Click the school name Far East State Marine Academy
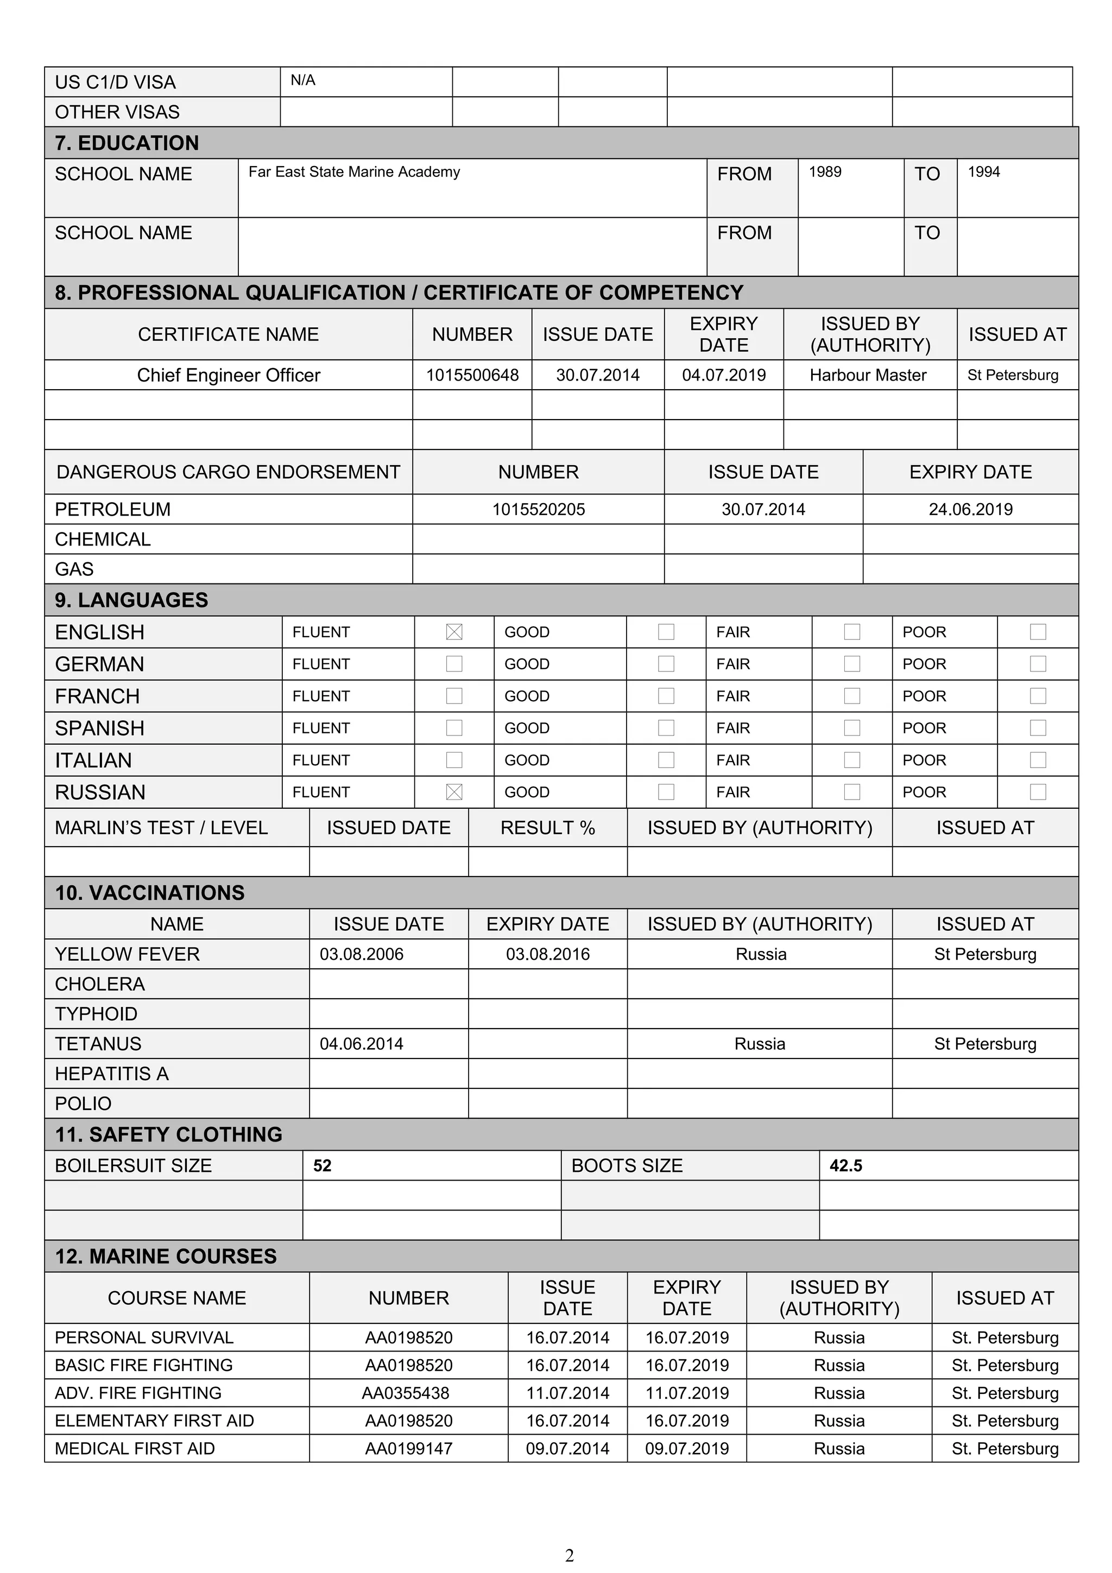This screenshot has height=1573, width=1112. point(353,172)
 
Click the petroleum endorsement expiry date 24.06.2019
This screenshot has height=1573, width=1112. point(970,510)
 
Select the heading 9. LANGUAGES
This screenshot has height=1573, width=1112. point(131,600)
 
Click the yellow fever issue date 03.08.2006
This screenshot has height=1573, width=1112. point(362,954)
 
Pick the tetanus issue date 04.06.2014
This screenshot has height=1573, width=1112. point(362,1044)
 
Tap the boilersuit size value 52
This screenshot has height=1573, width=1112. point(322,1166)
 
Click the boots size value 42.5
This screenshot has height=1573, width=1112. point(845,1166)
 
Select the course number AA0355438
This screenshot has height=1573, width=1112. point(406,1393)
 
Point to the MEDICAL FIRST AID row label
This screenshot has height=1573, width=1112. point(135,1449)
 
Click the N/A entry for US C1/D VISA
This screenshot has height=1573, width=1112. point(303,81)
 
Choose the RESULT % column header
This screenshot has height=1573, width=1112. point(547,828)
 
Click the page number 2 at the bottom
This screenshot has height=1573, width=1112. point(570,1556)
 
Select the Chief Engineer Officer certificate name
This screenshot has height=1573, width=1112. point(228,376)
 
